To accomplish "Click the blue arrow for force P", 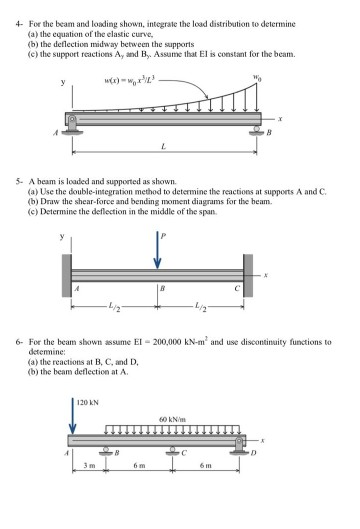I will click(155, 247).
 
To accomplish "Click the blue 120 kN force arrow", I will click(73, 418).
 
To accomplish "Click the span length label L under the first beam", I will click(163, 146).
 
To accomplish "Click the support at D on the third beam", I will click(238, 446).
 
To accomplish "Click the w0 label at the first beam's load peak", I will click(261, 78).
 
